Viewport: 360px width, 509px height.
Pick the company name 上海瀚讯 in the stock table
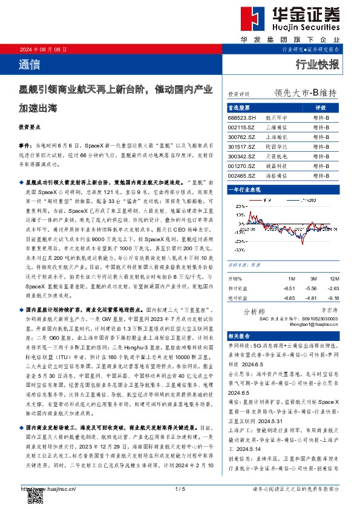coord(275,137)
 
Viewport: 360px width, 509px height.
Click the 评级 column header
coord(321,107)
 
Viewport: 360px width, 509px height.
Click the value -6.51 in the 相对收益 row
coord(289,288)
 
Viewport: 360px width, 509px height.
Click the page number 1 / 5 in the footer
coord(180,488)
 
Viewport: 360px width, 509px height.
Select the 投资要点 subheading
coord(30,128)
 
